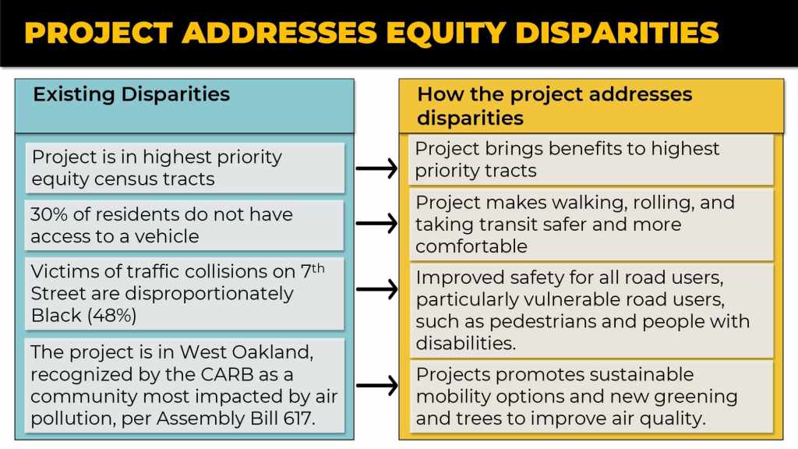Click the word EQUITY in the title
coord(445,33)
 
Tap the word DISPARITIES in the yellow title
coord(617,33)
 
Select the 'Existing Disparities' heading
coord(131,94)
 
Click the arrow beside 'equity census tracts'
coord(376,168)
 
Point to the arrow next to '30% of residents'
coord(376,224)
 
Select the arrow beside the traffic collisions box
coord(376,289)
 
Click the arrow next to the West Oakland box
coord(376,385)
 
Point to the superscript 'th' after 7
coord(318,268)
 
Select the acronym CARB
coord(227,374)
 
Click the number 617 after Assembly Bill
coord(299,419)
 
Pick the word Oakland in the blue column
coord(272,352)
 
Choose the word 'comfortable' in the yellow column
coord(471,246)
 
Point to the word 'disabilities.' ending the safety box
coord(466,343)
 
